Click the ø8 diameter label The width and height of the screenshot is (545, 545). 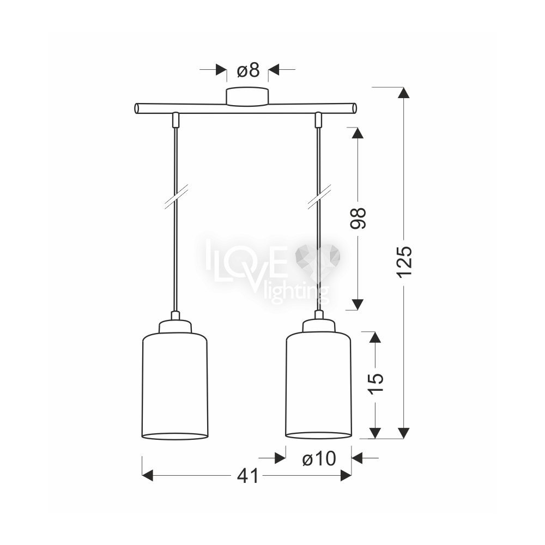pyautogui.click(x=248, y=70)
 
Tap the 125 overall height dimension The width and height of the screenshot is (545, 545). pyautogui.click(x=405, y=262)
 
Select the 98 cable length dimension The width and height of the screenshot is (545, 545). pyautogui.click(x=358, y=219)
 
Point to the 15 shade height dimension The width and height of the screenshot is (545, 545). pyautogui.click(x=375, y=383)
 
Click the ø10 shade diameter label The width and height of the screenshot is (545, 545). pyautogui.click(x=319, y=458)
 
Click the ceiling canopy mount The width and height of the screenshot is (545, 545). pyautogui.click(x=247, y=96)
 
